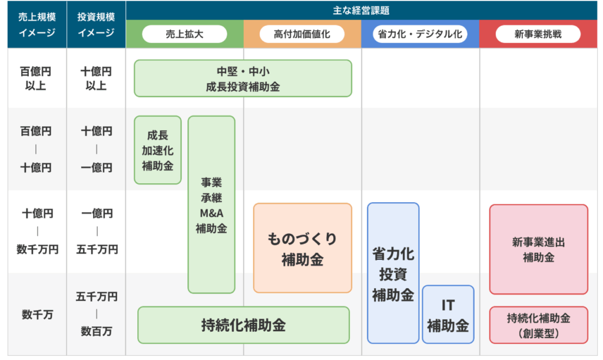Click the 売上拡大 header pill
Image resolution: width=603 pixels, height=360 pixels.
184,34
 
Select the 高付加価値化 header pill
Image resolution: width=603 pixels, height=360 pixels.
302,34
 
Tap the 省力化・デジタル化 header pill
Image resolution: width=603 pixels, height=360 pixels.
420,34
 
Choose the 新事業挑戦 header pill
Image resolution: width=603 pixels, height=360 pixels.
538,34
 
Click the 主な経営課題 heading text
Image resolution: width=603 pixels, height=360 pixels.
361,11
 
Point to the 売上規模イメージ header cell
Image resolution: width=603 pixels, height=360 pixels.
37,25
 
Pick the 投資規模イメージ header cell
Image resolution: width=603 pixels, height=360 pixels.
96,25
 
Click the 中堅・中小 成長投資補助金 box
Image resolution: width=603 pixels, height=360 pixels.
243,78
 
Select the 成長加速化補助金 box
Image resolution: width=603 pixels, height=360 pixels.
158,150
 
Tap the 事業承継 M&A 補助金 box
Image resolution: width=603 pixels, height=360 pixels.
211,204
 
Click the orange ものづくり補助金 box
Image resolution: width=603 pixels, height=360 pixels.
303,248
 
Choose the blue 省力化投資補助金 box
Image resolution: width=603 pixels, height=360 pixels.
393,273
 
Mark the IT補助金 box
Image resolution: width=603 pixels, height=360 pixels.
448,315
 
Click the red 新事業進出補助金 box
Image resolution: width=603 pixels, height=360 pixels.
539,249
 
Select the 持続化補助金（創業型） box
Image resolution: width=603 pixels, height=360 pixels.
539,325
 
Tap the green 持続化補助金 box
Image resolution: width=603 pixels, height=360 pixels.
243,325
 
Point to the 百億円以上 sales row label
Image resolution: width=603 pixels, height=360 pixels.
35,78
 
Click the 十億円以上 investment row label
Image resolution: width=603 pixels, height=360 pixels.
96,78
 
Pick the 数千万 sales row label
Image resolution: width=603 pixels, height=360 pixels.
37,315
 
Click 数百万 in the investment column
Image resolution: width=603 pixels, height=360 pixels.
97,331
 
